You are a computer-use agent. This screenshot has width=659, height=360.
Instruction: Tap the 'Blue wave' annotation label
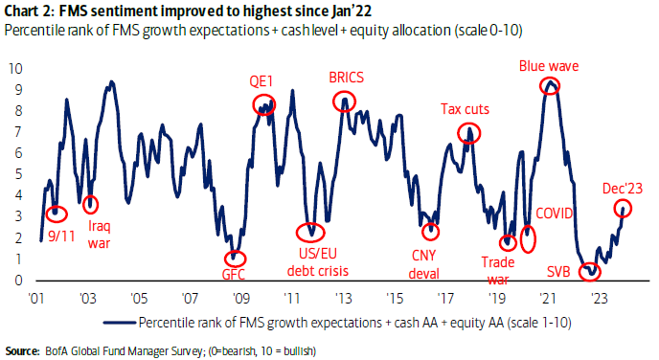pyautogui.click(x=549, y=66)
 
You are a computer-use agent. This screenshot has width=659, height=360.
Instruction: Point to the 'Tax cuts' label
pyautogui.click(x=465, y=109)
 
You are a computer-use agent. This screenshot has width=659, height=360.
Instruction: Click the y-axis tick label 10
pyautogui.click(x=15, y=69)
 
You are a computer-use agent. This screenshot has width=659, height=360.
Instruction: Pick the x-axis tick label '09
pyautogui.click(x=240, y=298)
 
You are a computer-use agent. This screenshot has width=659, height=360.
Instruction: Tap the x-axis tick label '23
pyautogui.click(x=599, y=298)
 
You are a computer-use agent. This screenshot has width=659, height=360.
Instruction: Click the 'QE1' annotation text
pyautogui.click(x=261, y=81)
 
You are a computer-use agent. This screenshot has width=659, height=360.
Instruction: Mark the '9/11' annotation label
pyautogui.click(x=61, y=236)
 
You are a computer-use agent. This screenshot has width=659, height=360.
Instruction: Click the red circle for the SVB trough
pyautogui.click(x=580, y=272)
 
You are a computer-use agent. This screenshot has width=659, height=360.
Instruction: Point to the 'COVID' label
pyautogui.click(x=554, y=214)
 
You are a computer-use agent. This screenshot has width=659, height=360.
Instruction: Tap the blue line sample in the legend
pyautogui.click(x=120, y=323)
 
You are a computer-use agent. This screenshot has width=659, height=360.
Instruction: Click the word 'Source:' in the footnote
pyautogui.click(x=22, y=350)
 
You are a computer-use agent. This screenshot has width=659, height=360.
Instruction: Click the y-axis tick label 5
pyautogui.click(x=18, y=174)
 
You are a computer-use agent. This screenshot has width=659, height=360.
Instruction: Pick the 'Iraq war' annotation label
pyautogui.click(x=100, y=235)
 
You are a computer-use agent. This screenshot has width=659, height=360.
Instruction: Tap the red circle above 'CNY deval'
pyautogui.click(x=423, y=232)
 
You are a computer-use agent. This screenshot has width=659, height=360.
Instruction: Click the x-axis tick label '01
pyautogui.click(x=36, y=298)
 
